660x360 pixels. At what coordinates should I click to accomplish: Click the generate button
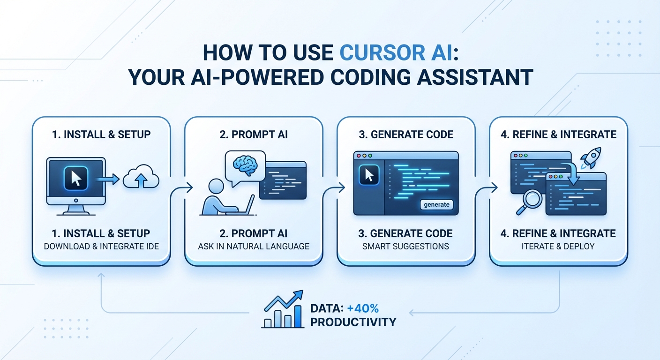pyautogui.click(x=436, y=204)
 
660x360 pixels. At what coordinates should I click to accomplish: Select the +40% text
pyautogui.click(x=363, y=308)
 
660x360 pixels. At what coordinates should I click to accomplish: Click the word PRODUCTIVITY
pyautogui.click(x=353, y=322)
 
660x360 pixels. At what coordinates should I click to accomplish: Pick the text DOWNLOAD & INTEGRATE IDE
pyautogui.click(x=101, y=246)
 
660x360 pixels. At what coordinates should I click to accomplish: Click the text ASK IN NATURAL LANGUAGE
pyautogui.click(x=254, y=246)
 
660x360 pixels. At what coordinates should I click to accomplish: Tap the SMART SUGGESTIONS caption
pyautogui.click(x=405, y=246)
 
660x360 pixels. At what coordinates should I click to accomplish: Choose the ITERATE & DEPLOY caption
pyautogui.click(x=558, y=246)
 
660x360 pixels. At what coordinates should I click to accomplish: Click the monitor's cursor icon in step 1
pyautogui.click(x=75, y=179)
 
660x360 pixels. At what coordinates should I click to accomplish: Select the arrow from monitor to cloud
pyautogui.click(x=109, y=179)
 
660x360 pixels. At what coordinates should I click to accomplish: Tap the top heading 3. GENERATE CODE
pyautogui.click(x=406, y=135)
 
